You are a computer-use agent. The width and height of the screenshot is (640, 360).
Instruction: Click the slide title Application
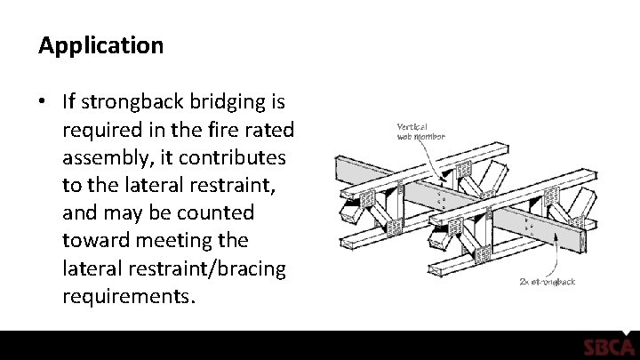click(x=100, y=46)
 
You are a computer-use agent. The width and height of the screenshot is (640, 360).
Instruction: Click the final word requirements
click(x=126, y=294)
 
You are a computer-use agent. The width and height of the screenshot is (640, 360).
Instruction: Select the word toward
click(x=94, y=240)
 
